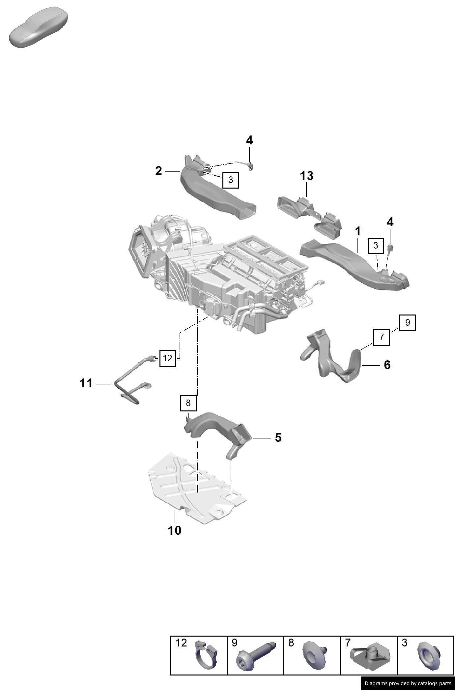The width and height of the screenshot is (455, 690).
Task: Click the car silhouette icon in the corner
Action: (39, 27)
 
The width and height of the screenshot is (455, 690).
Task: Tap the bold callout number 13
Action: (306, 176)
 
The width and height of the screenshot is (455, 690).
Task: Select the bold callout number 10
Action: (175, 530)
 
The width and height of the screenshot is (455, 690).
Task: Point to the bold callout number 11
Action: (86, 383)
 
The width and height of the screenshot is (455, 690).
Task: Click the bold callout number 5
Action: (278, 437)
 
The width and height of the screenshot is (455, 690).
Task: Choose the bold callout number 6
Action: (387, 365)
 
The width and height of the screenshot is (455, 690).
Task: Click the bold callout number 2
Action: (159, 171)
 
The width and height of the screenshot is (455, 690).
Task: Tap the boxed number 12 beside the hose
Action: (167, 358)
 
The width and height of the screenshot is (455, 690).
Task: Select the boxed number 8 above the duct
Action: (188, 403)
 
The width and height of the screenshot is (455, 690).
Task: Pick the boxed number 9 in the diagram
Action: (408, 322)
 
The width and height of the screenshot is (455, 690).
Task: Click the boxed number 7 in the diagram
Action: (382, 337)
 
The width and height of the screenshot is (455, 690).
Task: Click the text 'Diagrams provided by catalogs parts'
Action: (408, 683)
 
